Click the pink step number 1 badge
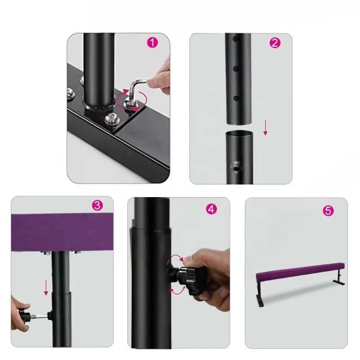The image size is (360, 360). [x=153, y=43]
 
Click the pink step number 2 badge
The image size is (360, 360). [x=275, y=43]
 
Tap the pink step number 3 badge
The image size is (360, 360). [x=97, y=205]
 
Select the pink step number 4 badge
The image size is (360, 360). [x=211, y=209]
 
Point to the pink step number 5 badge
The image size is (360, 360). [x=328, y=211]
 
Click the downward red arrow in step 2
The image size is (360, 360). [x=265, y=128]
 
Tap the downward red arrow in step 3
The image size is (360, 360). [x=46, y=288]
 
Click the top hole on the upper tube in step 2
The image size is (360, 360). [x=236, y=39]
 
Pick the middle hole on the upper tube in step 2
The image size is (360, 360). [x=236, y=69]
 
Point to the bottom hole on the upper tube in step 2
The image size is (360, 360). [x=236, y=99]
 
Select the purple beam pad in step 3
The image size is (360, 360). [x=62, y=232]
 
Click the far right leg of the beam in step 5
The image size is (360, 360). [x=338, y=278]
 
